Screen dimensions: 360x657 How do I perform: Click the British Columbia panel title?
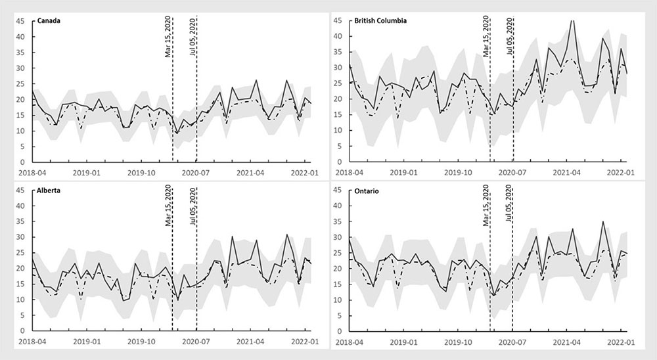click(x=380, y=20)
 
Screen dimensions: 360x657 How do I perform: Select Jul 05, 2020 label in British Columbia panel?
click(x=510, y=38)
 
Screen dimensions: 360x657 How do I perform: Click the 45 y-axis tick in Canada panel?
click(x=20, y=21)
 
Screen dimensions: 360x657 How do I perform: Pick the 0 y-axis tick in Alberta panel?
click(x=22, y=331)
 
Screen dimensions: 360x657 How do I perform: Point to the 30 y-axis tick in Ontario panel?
click(x=338, y=237)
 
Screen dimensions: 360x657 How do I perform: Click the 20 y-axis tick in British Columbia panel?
click(x=338, y=99)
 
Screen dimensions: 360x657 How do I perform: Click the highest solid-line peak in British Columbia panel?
click(x=572, y=20)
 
